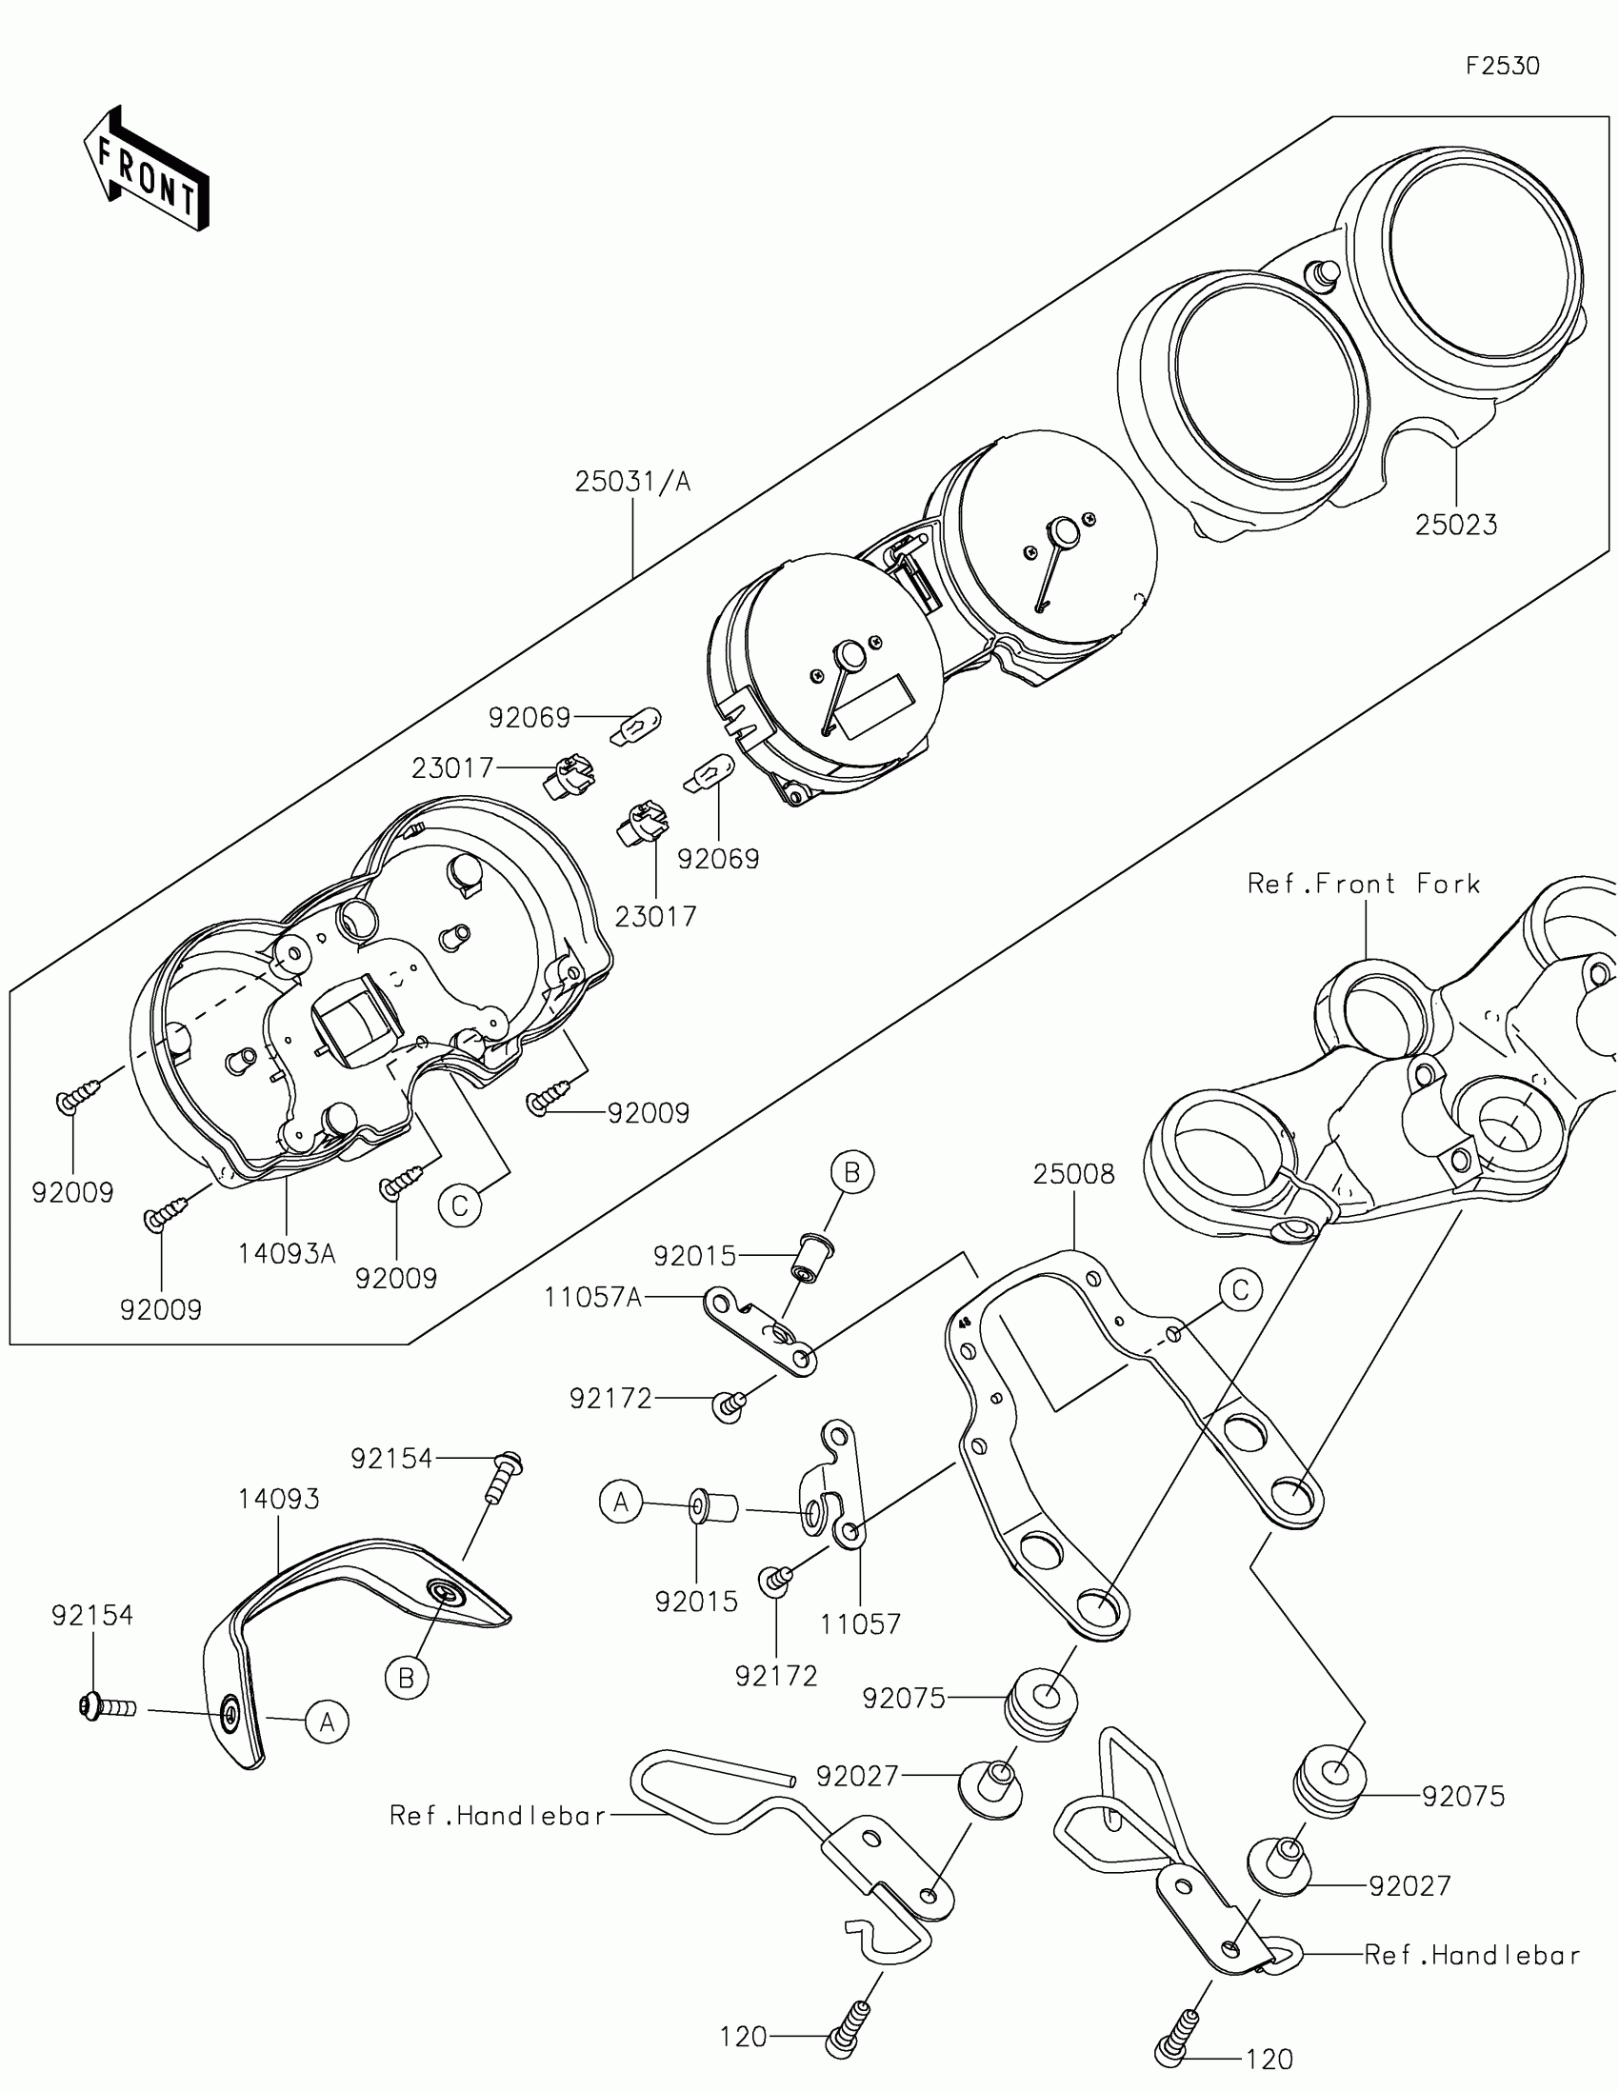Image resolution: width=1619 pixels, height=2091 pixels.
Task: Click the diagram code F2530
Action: [x=1502, y=66]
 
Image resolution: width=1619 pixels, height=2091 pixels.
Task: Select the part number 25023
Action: [x=1455, y=525]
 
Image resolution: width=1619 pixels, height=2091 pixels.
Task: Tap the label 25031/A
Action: [x=633, y=482]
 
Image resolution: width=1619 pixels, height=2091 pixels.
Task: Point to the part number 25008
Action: [x=1073, y=1175]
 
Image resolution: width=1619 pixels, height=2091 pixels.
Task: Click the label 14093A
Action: [x=288, y=1253]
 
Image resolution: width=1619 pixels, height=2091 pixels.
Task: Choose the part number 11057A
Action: [x=592, y=1297]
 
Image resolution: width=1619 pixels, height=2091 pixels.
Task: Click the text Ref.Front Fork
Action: [x=1364, y=884]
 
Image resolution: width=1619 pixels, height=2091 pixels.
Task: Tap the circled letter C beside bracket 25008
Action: [x=1241, y=1290]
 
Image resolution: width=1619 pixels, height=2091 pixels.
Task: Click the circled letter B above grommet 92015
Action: [x=852, y=1173]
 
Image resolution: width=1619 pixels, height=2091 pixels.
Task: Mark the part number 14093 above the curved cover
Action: [x=279, y=1499]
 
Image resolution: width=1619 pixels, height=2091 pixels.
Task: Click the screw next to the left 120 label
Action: [x=847, y=2026]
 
